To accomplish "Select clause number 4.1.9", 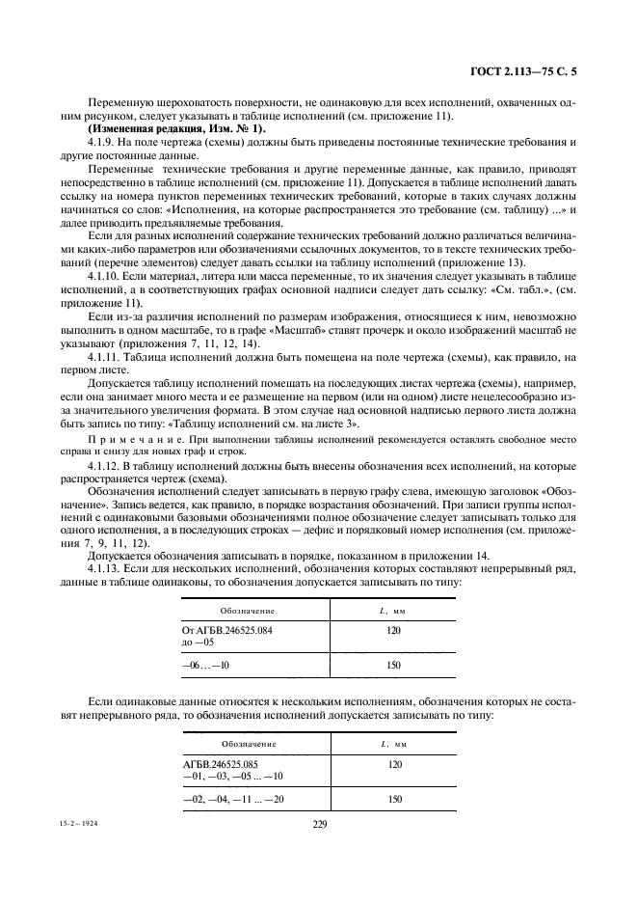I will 103,142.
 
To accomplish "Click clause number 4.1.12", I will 106,465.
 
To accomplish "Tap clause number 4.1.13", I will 106,569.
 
